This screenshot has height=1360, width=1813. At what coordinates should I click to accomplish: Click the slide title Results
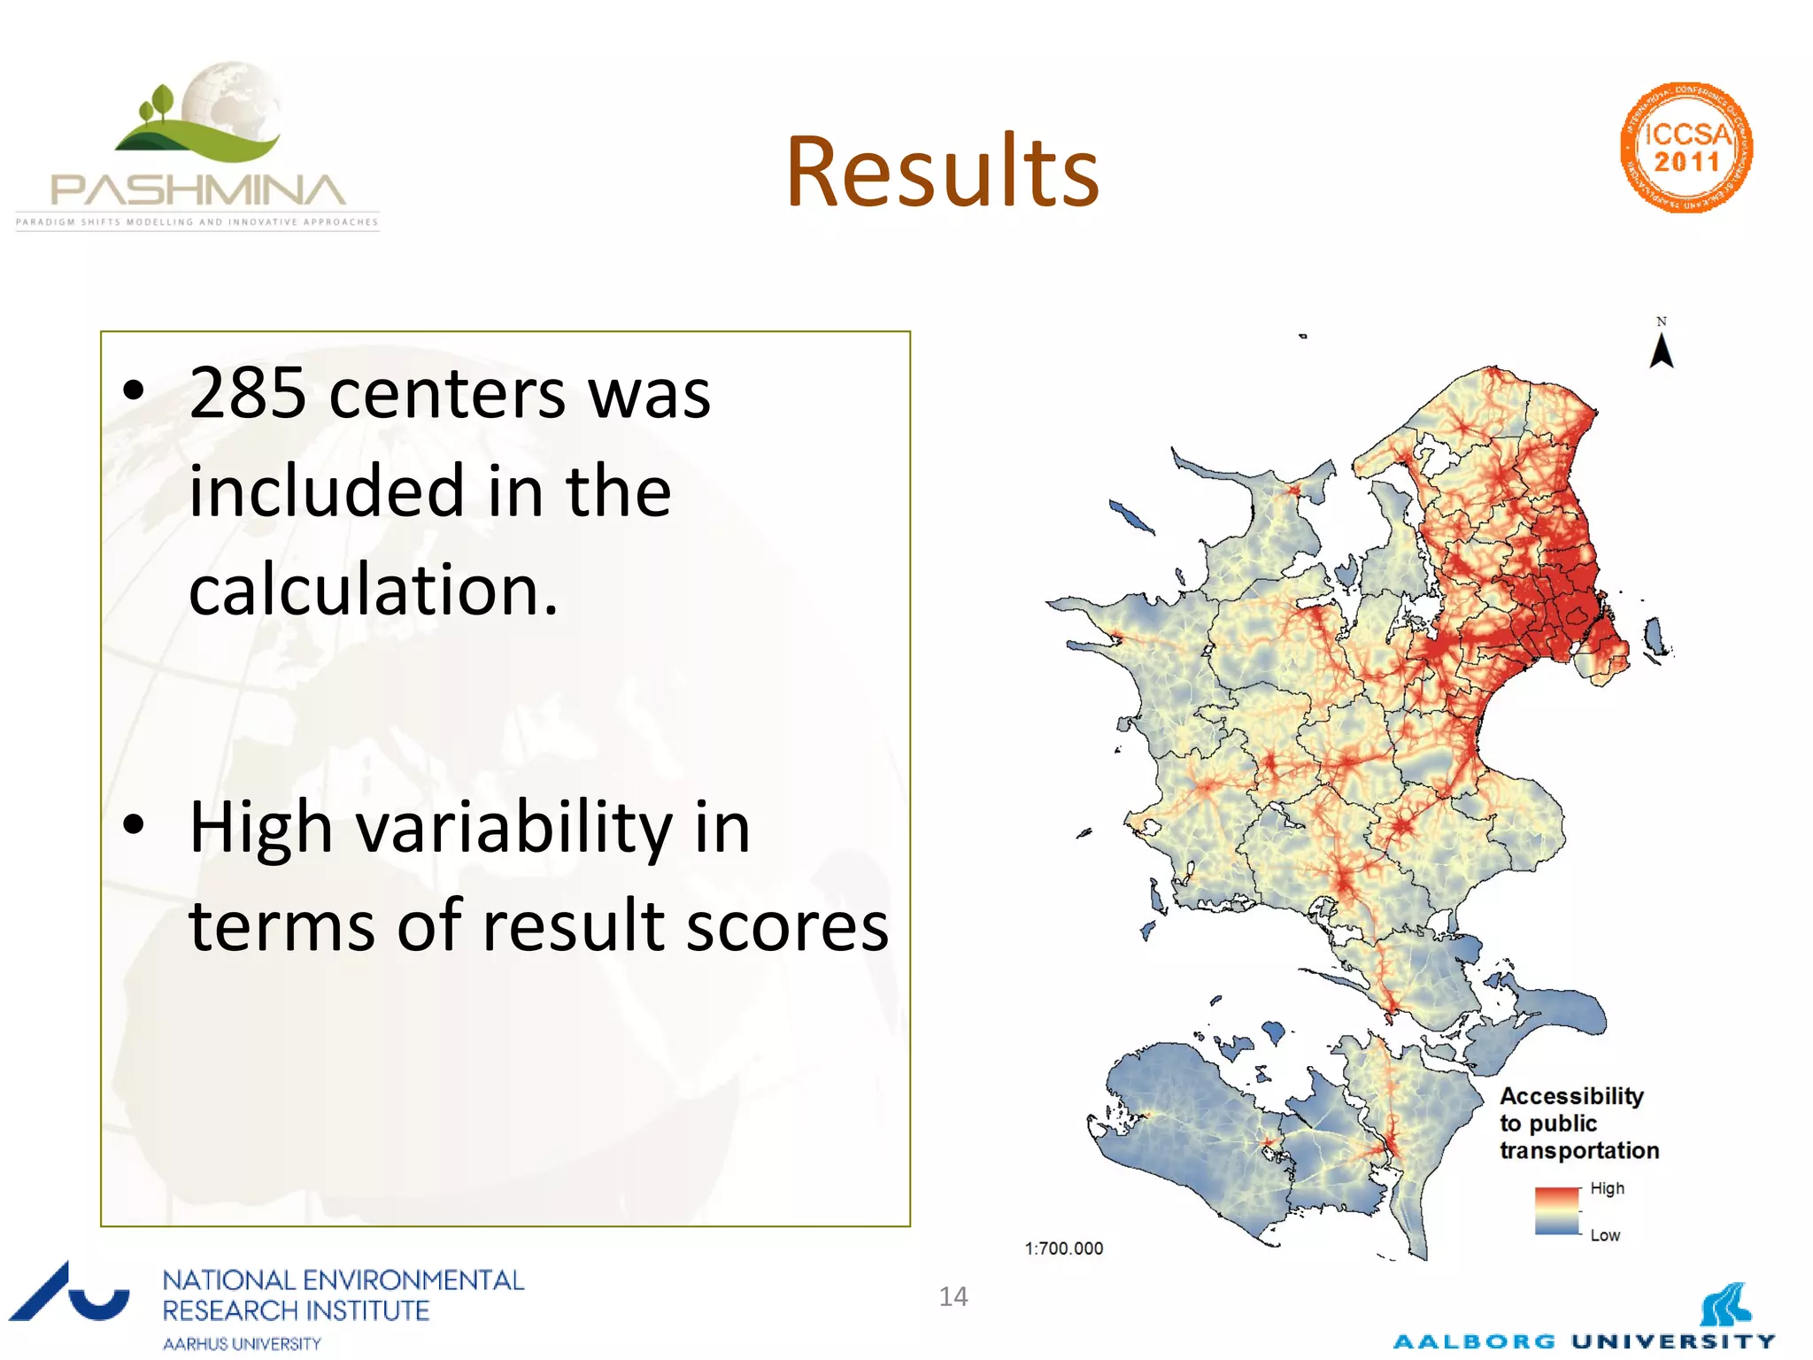click(x=942, y=173)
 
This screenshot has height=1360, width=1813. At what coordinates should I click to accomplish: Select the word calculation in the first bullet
click(x=373, y=591)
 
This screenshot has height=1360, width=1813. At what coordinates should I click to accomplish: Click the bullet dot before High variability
click(x=134, y=825)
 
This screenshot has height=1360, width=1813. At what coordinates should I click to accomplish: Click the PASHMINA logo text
click(x=197, y=190)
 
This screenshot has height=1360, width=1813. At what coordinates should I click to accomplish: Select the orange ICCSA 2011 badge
click(x=1686, y=148)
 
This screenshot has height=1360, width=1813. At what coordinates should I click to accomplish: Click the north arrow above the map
click(x=1662, y=350)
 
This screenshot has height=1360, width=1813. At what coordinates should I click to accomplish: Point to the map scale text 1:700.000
click(x=1063, y=1248)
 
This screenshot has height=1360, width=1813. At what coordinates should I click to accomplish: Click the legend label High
click(x=1607, y=1188)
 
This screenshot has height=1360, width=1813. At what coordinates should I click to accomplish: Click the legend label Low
click(x=1604, y=1235)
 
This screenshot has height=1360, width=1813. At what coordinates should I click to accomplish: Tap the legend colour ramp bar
click(x=1557, y=1211)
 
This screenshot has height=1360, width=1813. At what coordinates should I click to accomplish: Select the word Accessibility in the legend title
click(x=1571, y=1096)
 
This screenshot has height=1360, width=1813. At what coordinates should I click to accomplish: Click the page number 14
click(x=953, y=1297)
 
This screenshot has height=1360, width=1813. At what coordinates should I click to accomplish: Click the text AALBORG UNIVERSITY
click(x=1584, y=1341)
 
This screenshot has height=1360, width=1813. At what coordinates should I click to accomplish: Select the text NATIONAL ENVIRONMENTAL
click(x=343, y=1280)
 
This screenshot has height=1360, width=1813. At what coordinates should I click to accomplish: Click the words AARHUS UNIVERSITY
click(x=242, y=1343)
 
